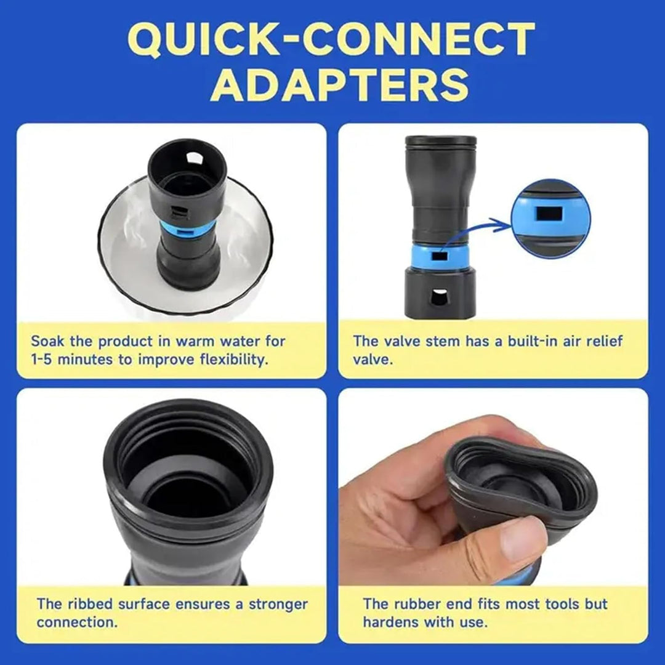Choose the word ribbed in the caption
coord(92,604)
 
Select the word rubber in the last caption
coord(417,604)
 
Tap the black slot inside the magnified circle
coord(549,214)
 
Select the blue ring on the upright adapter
coord(440,256)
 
